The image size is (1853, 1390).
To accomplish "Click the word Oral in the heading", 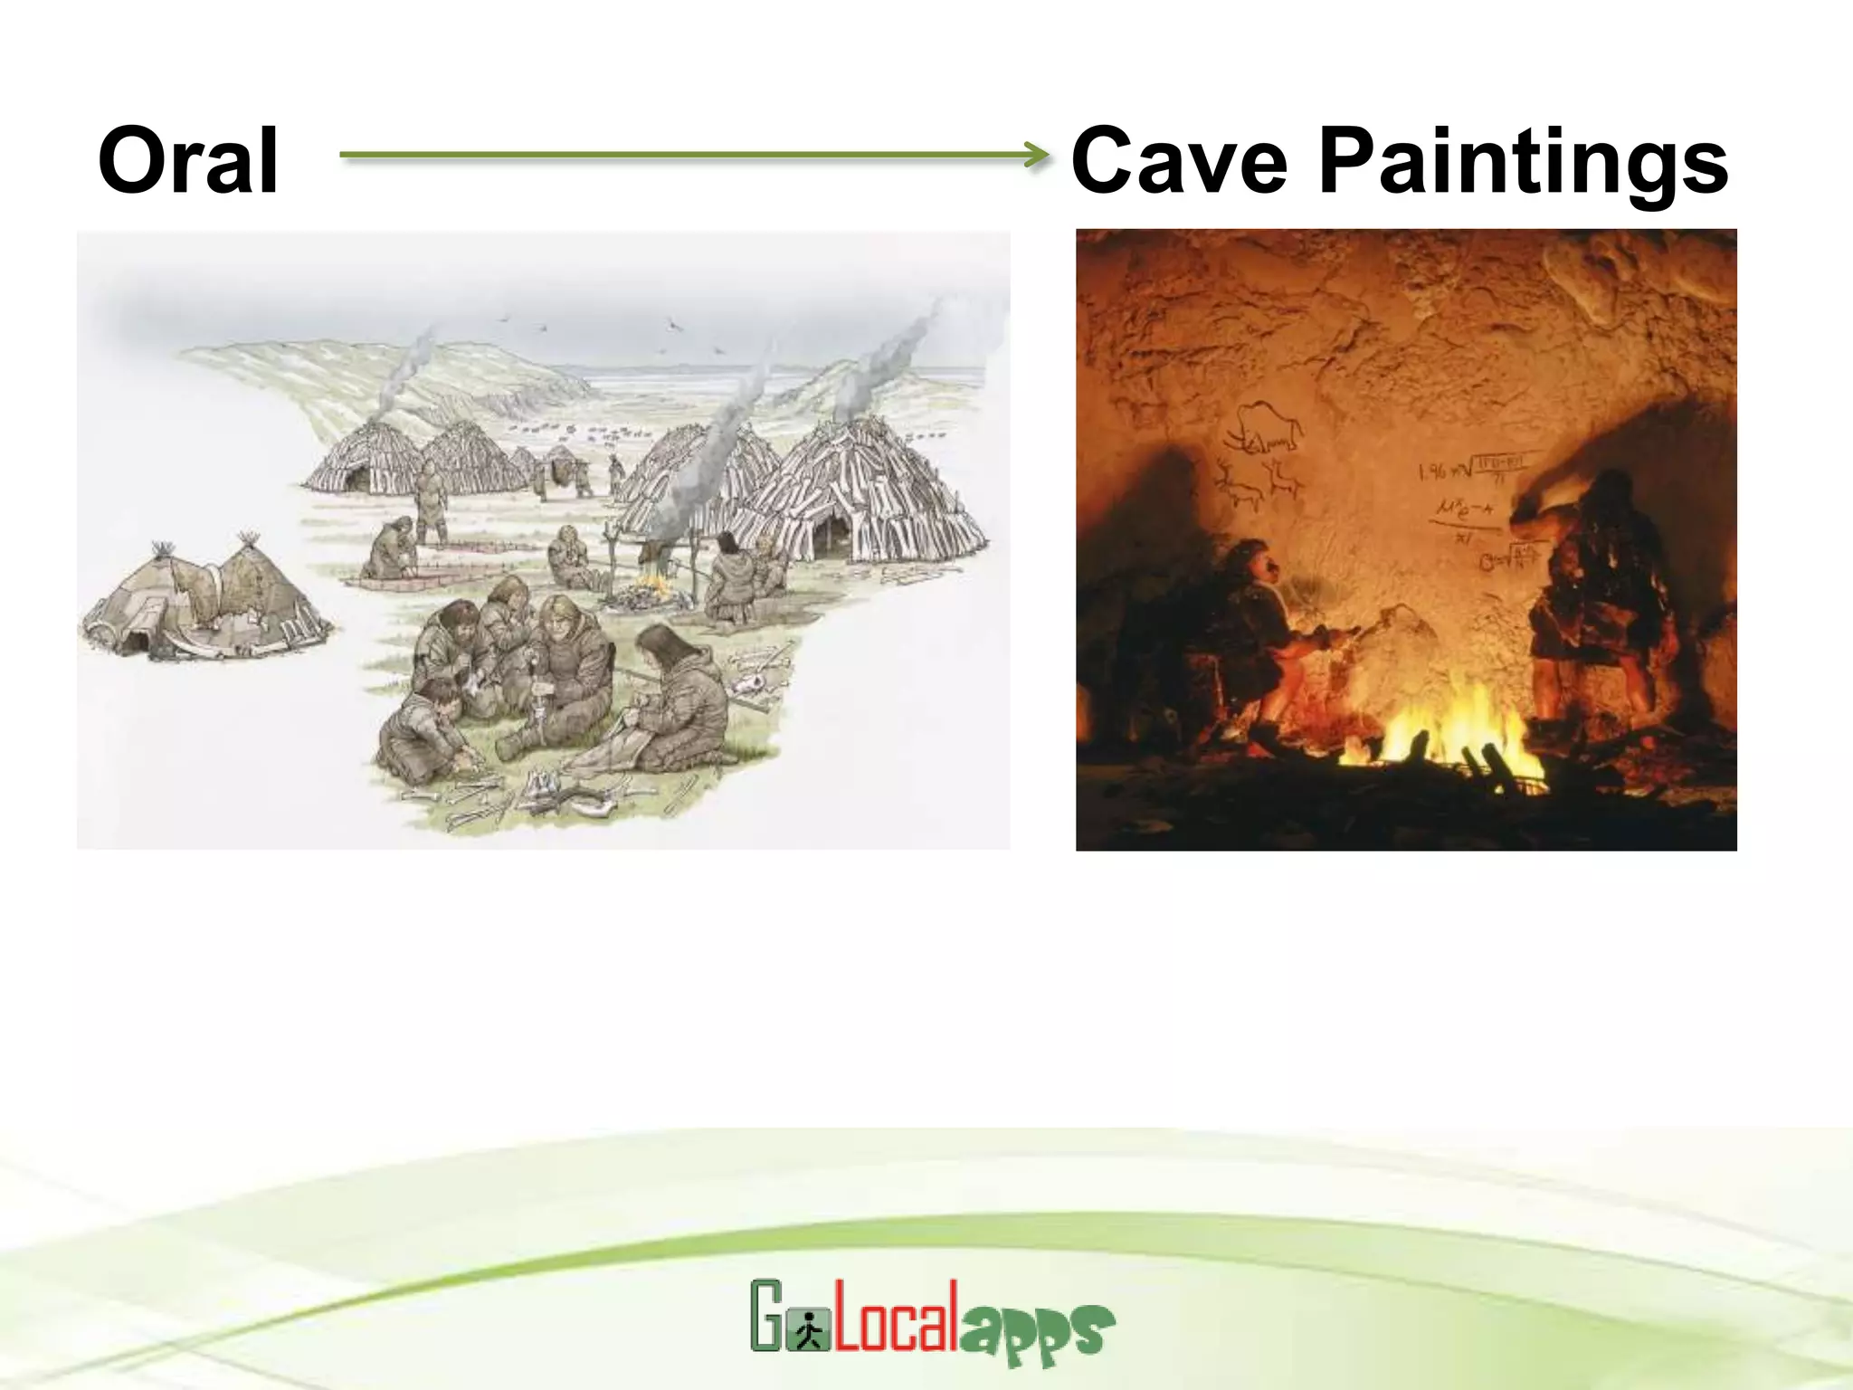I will pos(188,161).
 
